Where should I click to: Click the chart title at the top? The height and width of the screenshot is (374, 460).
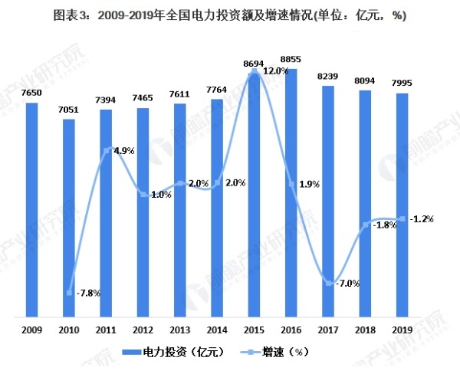point(230,16)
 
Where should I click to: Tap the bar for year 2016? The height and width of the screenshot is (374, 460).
point(291,192)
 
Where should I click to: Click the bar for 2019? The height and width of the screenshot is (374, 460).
point(401,204)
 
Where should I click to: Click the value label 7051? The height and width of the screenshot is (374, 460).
point(70,110)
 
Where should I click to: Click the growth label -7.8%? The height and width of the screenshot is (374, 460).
point(89,292)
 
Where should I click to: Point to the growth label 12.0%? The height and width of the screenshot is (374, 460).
point(274,71)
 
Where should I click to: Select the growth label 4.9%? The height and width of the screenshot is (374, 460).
point(124,151)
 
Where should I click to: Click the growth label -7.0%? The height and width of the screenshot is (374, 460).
point(348,283)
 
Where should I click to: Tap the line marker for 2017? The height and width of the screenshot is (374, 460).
point(328,284)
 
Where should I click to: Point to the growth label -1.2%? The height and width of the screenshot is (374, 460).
point(421,218)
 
